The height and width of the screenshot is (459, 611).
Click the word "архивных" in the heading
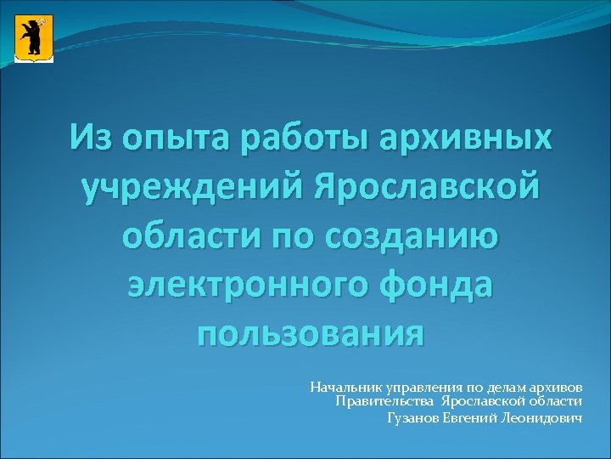458,138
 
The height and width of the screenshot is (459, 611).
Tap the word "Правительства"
385,401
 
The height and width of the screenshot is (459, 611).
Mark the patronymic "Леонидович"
542,417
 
